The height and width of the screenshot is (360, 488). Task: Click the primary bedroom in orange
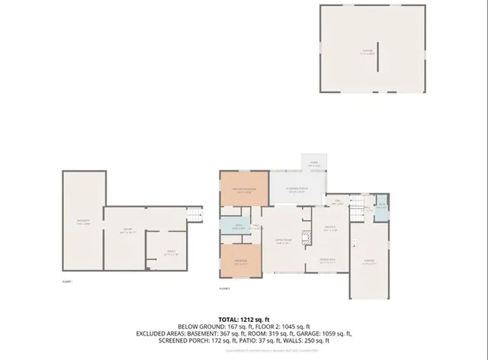[243, 191]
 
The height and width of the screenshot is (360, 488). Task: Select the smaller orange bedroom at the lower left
[241, 260]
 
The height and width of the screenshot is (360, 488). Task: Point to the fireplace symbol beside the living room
[307, 236]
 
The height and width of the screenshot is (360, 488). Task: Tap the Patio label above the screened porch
[313, 163]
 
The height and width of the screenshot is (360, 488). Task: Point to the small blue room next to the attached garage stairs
[382, 207]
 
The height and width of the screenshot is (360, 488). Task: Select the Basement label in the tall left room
[83, 223]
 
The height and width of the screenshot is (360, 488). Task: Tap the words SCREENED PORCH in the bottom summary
[194, 341]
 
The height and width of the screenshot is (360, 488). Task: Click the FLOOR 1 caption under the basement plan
[66, 281]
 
